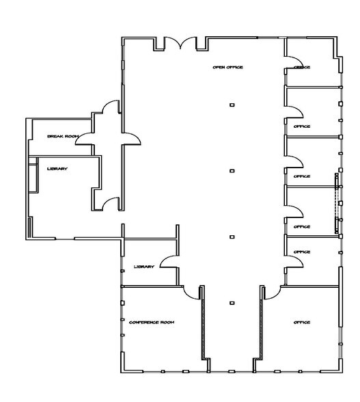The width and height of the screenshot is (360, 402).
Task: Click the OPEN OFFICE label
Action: [x=228, y=67]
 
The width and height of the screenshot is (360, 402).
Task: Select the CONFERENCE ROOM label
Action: [x=152, y=322]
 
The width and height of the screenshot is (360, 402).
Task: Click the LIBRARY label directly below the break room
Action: [x=57, y=168]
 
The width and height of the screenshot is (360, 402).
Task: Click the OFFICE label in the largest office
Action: [x=302, y=322]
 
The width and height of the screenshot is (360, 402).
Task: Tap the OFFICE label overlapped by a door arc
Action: [x=302, y=67]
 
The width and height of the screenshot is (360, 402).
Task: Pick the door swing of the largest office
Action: [x=269, y=292]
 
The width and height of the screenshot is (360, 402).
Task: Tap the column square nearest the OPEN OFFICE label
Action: [x=232, y=104]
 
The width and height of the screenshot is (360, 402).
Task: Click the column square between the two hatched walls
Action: [x=232, y=301]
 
